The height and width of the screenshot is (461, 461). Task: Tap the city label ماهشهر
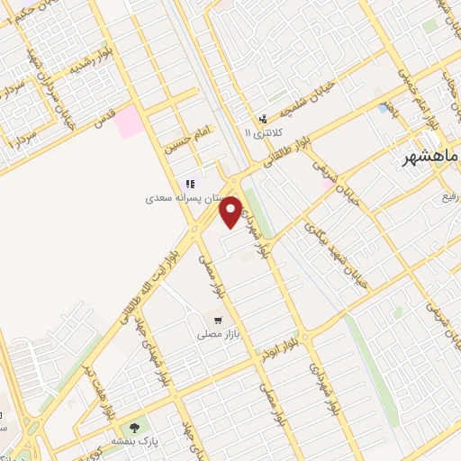[429, 159]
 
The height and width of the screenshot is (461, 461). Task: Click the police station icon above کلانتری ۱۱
[262, 119]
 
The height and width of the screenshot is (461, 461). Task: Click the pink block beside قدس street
[130, 121]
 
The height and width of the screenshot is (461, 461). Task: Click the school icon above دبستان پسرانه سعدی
[191, 184]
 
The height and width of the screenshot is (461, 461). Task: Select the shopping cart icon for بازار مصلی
[218, 320]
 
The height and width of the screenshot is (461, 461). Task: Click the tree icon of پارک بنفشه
[134, 426]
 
